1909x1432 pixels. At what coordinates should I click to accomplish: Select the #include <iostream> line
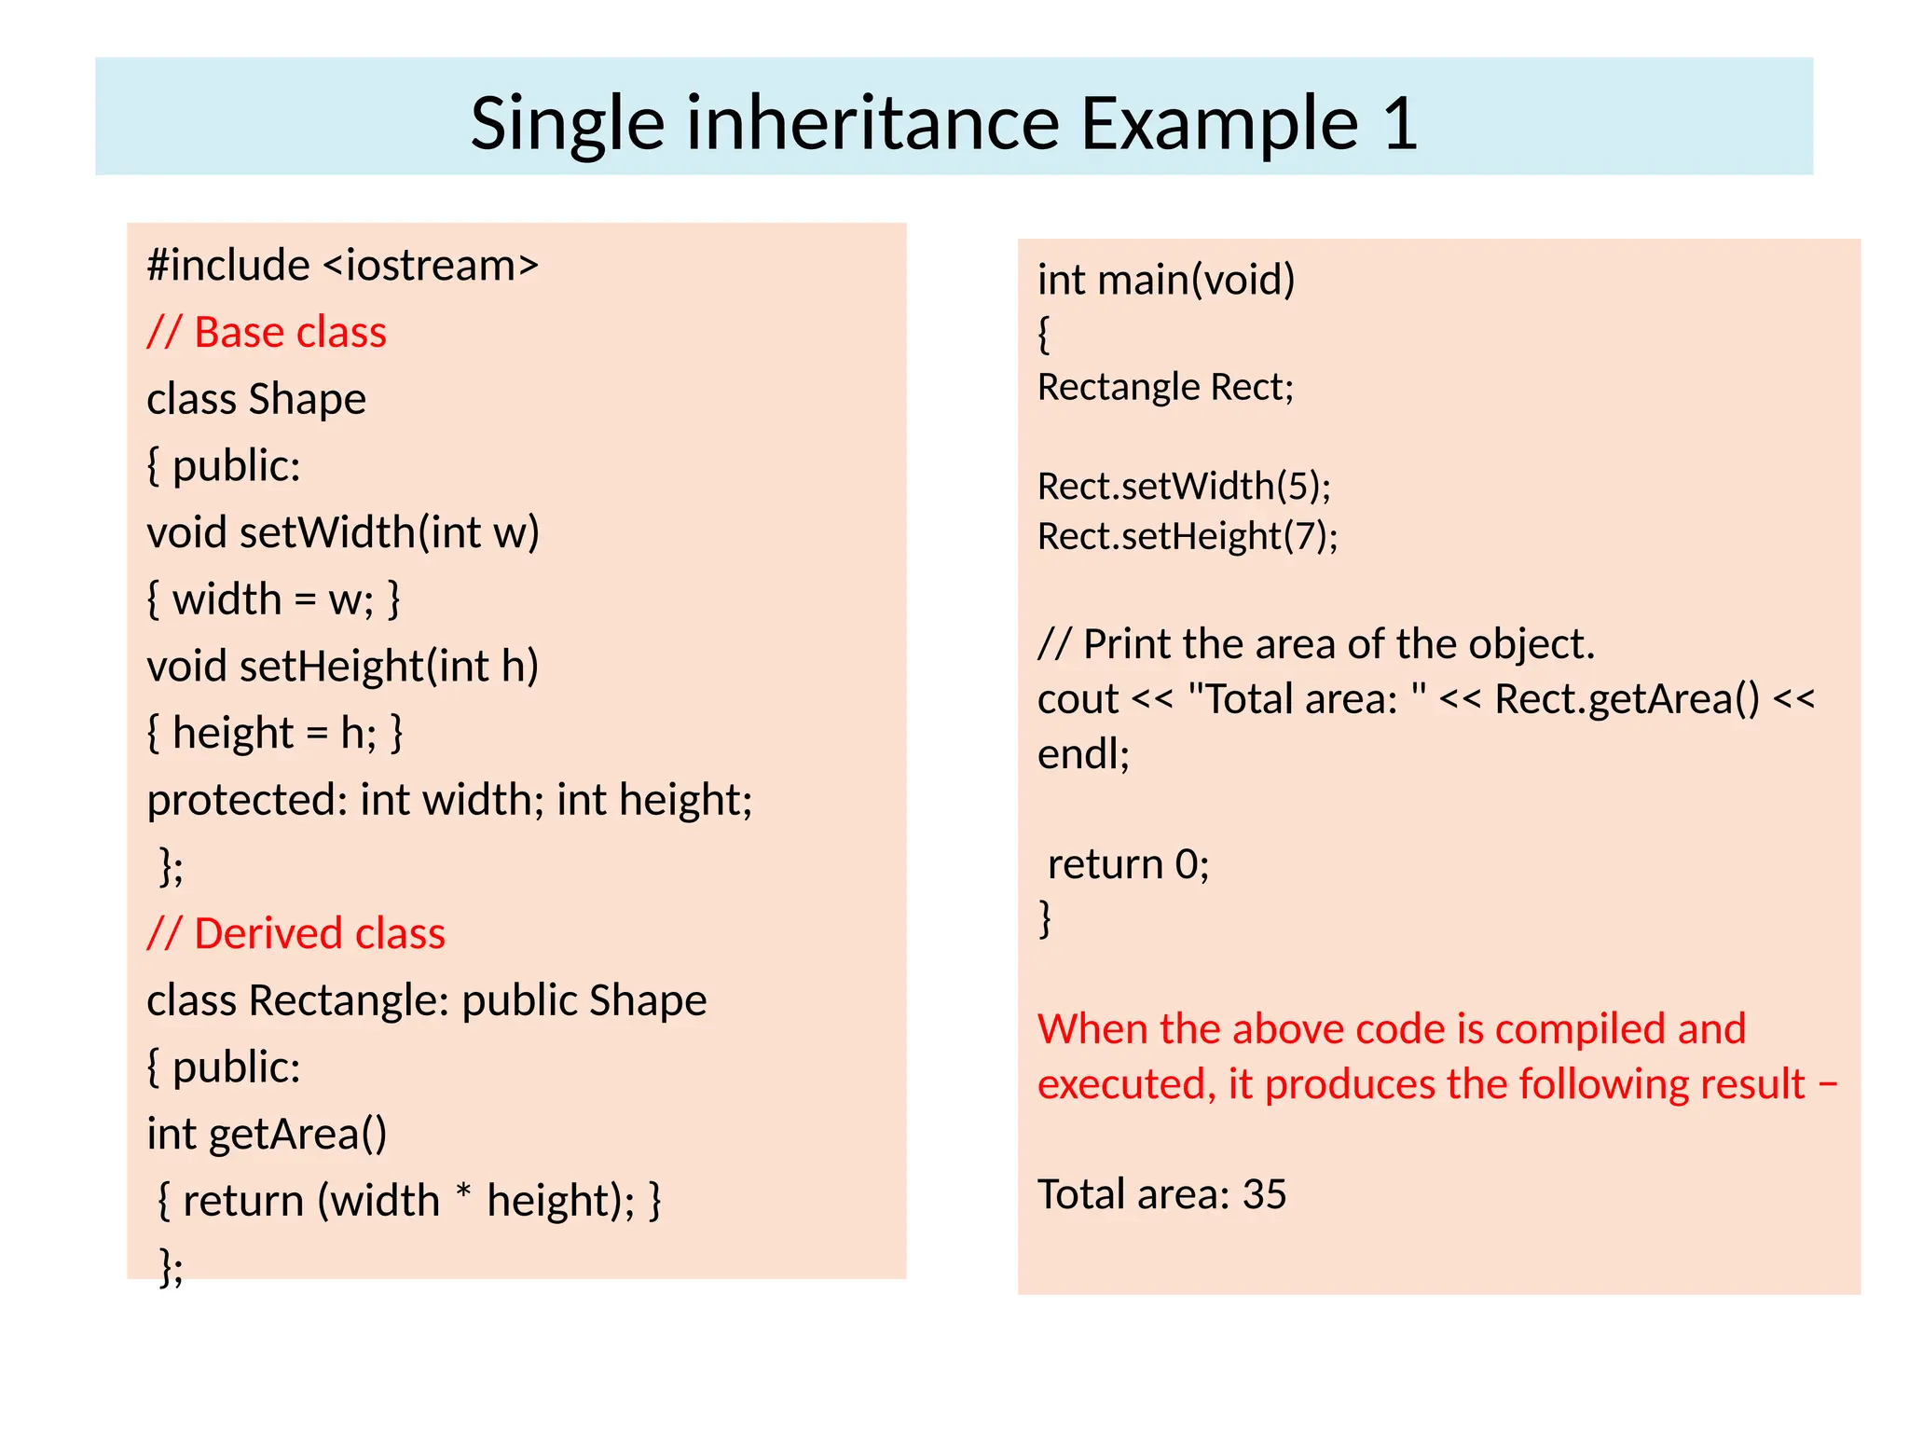click(x=343, y=266)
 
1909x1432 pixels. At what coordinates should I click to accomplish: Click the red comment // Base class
click(x=267, y=333)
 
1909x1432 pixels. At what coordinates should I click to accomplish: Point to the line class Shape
click(x=256, y=399)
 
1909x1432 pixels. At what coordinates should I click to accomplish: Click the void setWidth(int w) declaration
click(x=343, y=532)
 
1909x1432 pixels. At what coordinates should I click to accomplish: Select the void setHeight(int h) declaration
click(x=343, y=667)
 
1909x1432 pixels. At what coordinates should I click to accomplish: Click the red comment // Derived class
click(x=296, y=933)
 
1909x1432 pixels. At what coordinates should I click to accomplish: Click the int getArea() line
click(x=267, y=1134)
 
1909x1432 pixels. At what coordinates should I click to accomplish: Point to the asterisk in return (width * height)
click(x=463, y=1193)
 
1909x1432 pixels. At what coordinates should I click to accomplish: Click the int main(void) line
click(x=1166, y=280)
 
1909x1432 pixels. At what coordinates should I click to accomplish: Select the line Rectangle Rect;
click(x=1166, y=387)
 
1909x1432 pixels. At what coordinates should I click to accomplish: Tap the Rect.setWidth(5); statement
click(x=1184, y=486)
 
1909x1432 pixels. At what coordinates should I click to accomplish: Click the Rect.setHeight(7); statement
click(x=1188, y=536)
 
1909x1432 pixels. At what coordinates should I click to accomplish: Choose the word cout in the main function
click(x=1078, y=699)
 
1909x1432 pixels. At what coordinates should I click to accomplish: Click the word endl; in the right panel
click(x=1083, y=753)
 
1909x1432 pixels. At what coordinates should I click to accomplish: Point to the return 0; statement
click(x=1128, y=864)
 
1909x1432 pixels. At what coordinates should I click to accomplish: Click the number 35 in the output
click(x=1264, y=1194)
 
